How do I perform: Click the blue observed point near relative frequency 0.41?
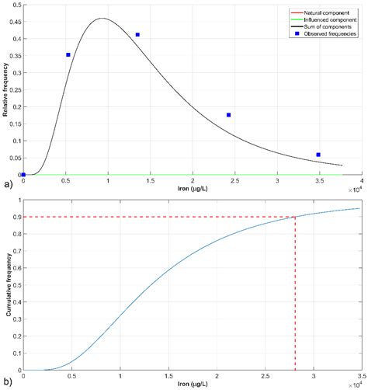137,35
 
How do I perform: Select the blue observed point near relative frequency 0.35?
68,54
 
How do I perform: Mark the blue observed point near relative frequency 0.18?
228,115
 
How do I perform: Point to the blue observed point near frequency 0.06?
318,155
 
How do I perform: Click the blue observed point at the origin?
23,175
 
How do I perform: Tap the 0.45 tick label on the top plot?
13,20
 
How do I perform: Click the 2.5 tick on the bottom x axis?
265,376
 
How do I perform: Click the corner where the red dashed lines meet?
295,217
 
